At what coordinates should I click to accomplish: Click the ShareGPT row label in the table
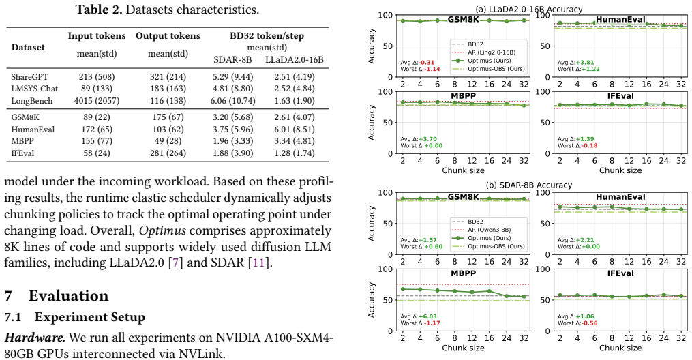(30, 77)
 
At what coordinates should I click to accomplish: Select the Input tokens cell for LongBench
(97, 101)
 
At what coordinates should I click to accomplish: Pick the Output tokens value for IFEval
(168, 153)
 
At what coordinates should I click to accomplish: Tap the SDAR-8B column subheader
(232, 59)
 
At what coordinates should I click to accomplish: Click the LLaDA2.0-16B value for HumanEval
(294, 130)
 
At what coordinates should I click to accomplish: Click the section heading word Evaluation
(68, 296)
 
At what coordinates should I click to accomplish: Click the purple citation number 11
(258, 263)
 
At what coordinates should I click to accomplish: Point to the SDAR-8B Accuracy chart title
(528, 185)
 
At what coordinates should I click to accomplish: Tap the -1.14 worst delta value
(434, 69)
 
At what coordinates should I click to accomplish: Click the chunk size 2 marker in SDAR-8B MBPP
(402, 289)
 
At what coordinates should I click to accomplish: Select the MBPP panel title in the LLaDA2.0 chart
(463, 95)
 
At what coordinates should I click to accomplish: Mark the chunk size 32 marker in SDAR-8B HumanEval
(681, 209)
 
